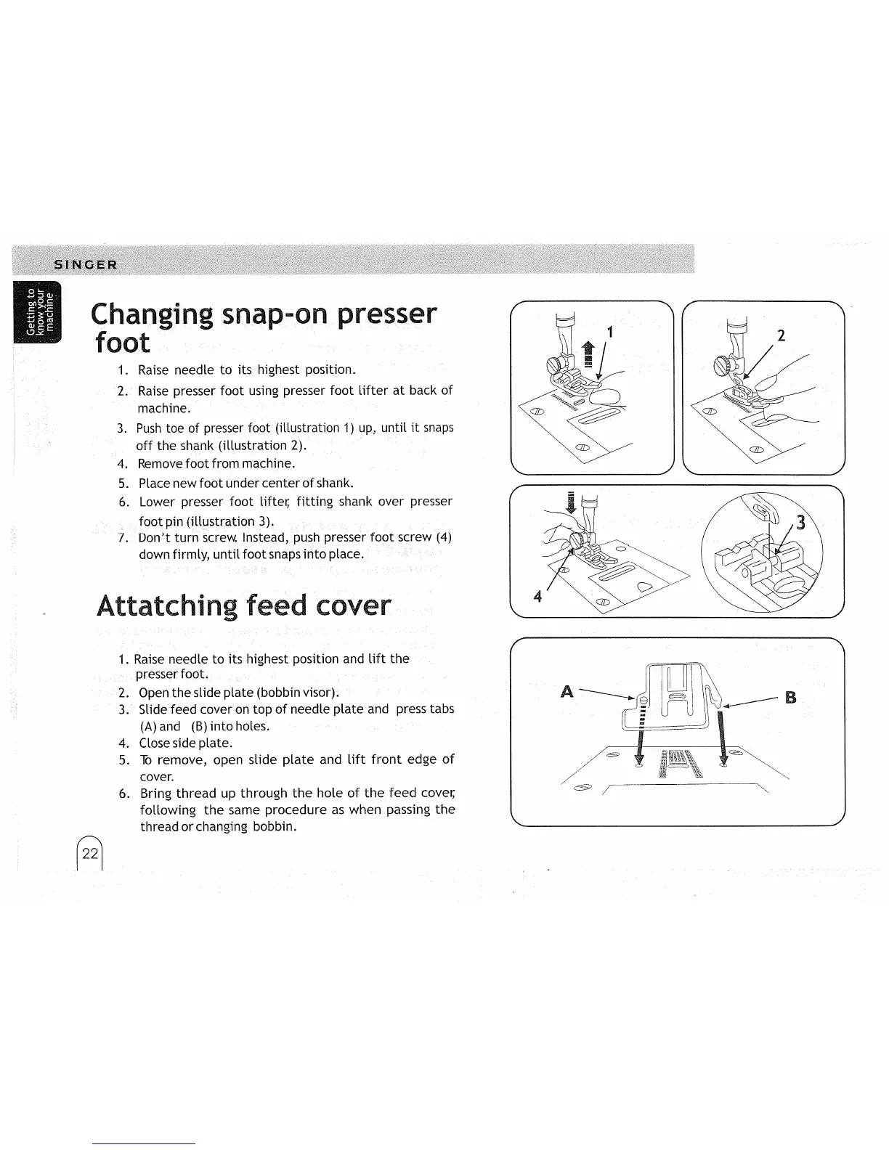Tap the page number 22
[90, 854]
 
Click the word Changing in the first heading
[151, 315]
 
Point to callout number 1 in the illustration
[611, 334]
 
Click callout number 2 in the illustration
[782, 335]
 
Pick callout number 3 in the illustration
[801, 522]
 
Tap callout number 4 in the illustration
[537, 598]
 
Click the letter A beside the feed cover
[568, 693]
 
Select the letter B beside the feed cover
[791, 698]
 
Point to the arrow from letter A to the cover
[606, 696]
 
